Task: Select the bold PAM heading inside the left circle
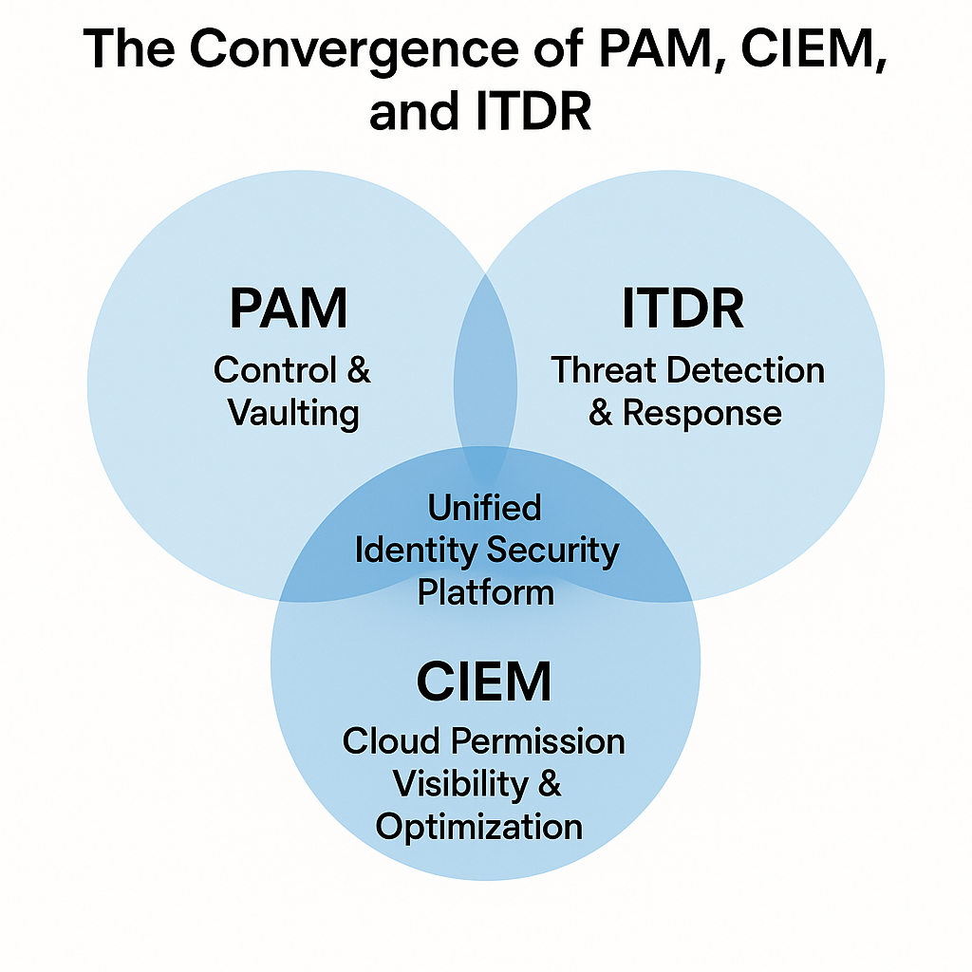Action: click(x=289, y=308)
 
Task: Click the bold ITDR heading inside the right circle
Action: click(x=682, y=308)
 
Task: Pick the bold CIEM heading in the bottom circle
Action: click(x=484, y=682)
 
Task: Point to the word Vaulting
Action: click(x=293, y=413)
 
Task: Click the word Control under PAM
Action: click(x=275, y=369)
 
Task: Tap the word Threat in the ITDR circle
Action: click(x=605, y=369)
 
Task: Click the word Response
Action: click(x=702, y=413)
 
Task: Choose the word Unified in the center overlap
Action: click(x=484, y=507)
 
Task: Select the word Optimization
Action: click(x=479, y=826)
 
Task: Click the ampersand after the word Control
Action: click(x=358, y=369)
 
